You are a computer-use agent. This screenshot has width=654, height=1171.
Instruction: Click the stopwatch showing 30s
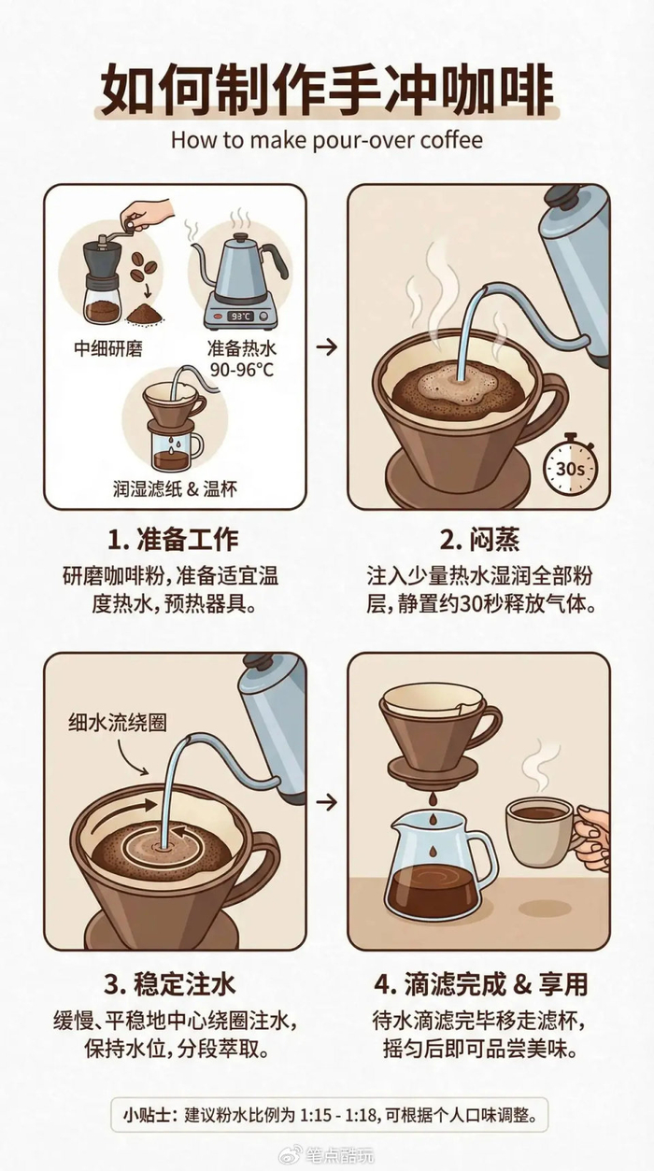(570, 464)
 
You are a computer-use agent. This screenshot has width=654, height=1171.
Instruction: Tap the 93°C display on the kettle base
(241, 316)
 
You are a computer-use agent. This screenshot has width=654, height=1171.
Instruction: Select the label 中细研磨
(108, 348)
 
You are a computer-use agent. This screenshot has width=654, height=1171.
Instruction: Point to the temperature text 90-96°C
(242, 370)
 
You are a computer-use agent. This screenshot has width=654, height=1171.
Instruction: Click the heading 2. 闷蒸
(479, 540)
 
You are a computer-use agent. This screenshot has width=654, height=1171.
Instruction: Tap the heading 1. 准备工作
(173, 540)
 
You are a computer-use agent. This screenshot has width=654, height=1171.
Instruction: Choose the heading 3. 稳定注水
(170, 984)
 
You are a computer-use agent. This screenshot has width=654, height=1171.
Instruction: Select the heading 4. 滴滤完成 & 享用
(481, 984)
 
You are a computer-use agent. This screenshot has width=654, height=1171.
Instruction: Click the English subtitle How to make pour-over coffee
(327, 141)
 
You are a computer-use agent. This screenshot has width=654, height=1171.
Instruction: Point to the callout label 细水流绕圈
(118, 723)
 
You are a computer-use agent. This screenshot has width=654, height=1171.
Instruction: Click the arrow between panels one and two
(327, 346)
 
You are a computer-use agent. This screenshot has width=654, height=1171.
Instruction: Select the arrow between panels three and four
(327, 803)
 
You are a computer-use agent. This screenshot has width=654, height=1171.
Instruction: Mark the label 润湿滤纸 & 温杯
(176, 488)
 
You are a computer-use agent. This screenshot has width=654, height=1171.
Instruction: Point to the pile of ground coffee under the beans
(145, 314)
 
